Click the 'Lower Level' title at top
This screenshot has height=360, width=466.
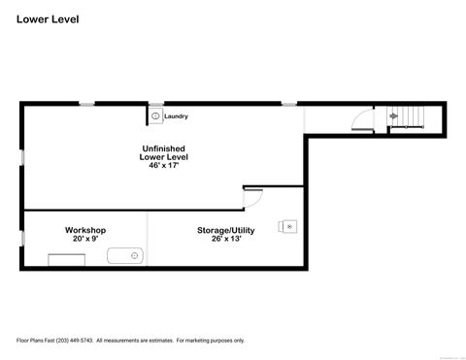coord(46,17)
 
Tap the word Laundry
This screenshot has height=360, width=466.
coord(176,116)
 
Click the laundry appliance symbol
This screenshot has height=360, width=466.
coord(155,116)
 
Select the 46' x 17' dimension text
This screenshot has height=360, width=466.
coord(163,166)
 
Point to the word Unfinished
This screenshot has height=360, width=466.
coord(163,147)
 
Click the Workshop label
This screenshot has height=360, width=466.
coord(85,230)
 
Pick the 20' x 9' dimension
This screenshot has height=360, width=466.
coord(85,239)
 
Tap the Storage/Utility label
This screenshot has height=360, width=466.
coord(226,230)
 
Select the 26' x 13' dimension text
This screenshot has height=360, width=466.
coord(226,239)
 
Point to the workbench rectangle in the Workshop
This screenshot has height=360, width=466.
coord(65,257)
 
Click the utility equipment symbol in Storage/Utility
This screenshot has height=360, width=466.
coord(288,225)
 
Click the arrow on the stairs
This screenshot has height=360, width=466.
coord(393,116)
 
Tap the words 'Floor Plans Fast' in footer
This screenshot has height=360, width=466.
coord(35,341)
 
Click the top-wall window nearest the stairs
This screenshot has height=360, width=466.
coord(288,103)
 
